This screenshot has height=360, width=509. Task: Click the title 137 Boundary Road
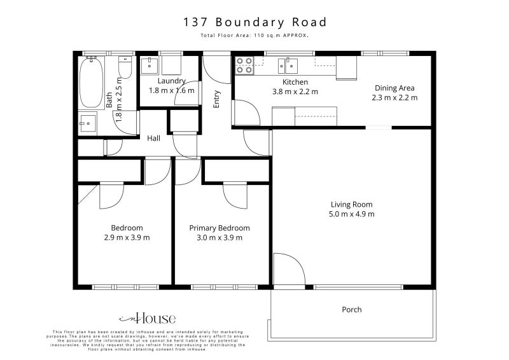tap(254, 22)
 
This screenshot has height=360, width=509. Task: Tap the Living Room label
tap(351, 205)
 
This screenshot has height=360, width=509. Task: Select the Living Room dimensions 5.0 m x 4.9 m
tap(351, 214)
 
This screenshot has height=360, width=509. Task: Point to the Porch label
tap(352, 310)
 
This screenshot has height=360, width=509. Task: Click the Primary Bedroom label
tap(220, 228)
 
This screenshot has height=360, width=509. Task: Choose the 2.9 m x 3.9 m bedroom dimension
tap(127, 238)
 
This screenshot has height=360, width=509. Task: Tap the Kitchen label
tap(295, 82)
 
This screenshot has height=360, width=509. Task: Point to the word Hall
tap(154, 138)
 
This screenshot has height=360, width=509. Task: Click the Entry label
tap(217, 99)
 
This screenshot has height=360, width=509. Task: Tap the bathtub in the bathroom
tap(91, 83)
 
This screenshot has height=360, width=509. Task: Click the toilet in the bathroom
tap(125, 68)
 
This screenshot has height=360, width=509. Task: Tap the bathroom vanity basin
tap(87, 121)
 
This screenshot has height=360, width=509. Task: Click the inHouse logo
tap(147, 319)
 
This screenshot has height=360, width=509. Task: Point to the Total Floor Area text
tap(254, 36)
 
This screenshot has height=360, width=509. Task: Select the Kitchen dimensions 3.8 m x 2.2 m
tap(295, 92)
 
